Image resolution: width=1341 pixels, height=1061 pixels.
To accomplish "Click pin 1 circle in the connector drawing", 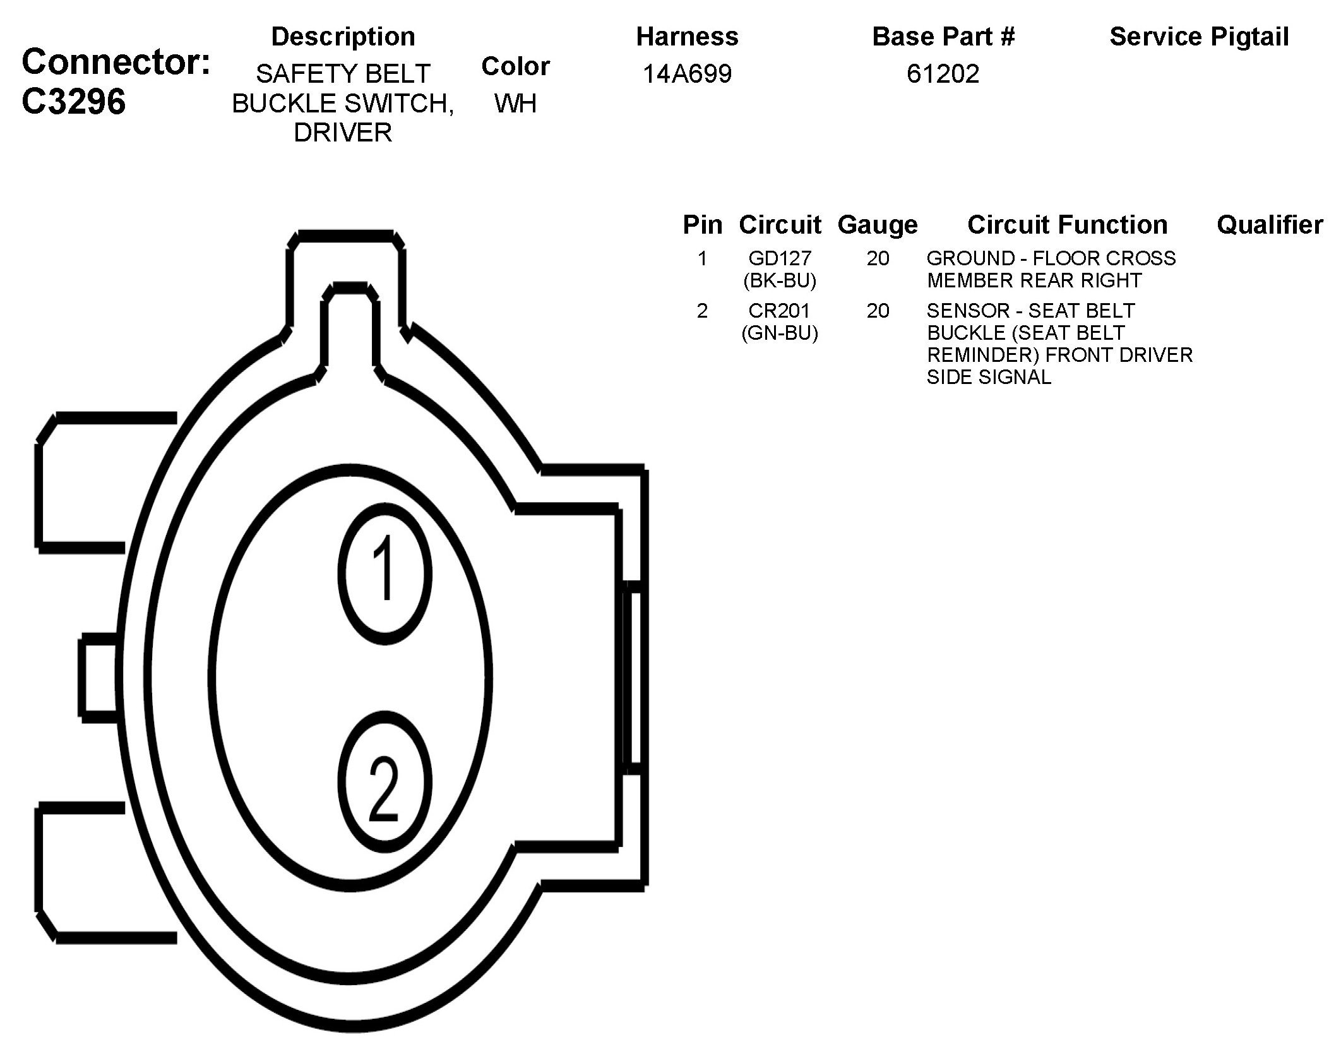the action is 384,573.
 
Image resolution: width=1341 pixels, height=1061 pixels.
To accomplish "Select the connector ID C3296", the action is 73,101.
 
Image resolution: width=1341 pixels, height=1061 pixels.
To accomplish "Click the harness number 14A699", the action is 687,74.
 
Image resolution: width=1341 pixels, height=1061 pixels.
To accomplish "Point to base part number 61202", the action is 943,74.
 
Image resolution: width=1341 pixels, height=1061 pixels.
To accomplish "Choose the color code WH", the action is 515,104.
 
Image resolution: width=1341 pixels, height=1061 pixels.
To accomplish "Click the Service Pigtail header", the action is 1199,37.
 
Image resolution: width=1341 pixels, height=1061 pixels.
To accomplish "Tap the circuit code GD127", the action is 780,258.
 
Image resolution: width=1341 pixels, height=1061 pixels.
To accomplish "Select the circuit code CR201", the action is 780,311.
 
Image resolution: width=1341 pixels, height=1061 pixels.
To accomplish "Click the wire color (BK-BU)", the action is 780,280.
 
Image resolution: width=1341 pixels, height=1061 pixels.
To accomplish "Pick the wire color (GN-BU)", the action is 780,333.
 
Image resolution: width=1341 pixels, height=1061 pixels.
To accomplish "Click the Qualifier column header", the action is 1270,225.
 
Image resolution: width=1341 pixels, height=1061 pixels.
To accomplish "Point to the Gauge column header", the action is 878,225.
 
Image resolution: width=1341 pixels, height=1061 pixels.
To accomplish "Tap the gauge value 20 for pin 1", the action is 878,258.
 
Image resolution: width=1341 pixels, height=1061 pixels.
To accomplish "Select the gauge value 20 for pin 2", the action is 878,311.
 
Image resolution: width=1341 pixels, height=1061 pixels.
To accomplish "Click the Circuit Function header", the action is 1067,225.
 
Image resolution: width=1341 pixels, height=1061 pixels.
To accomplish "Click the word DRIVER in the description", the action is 343,133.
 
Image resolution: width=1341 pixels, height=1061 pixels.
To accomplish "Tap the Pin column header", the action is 702,225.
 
